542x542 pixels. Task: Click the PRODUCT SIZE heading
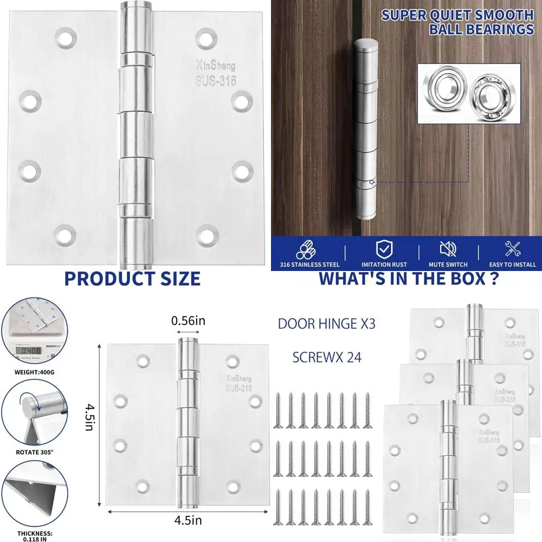point(132,279)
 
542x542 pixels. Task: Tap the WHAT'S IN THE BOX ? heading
point(408,279)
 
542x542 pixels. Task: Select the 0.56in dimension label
point(188,321)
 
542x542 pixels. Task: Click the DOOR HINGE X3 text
point(326,324)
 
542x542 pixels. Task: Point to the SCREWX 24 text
point(326,357)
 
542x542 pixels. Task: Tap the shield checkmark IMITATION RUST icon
point(384,250)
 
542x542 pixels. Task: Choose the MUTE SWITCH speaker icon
point(448,249)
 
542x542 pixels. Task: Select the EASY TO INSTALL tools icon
point(512,249)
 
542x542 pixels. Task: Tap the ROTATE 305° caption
point(34,449)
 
